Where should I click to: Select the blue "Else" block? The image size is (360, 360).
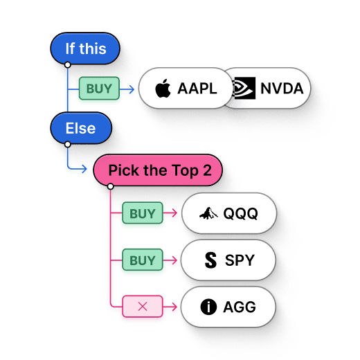80,128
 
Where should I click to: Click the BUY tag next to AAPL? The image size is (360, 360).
99,89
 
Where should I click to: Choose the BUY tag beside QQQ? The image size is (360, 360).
143,214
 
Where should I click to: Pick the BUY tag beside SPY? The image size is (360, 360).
143,260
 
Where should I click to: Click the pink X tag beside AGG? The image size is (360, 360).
143,306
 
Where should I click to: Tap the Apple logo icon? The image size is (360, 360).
163,89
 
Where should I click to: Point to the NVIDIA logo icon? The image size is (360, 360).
244,89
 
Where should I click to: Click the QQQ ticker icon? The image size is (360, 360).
206,214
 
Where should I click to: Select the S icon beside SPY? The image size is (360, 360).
210,260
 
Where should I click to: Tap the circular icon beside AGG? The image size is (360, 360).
208,307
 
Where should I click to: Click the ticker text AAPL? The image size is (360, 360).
197,89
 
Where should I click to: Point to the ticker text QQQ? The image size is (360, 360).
240,214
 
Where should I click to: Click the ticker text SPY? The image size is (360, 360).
240,260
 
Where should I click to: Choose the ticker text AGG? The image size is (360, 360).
239,307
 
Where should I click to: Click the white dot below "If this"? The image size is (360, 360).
67,65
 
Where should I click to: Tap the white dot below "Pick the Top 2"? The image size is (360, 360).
111,186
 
